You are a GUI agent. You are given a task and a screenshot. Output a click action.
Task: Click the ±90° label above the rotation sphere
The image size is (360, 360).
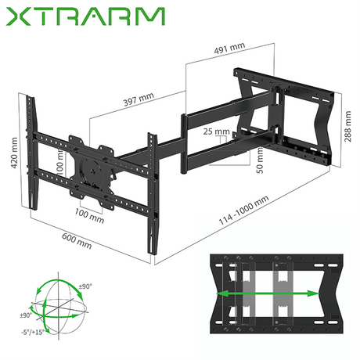tap(84, 287)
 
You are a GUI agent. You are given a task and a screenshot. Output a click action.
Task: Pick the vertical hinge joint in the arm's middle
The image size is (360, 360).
tap(185, 143)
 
